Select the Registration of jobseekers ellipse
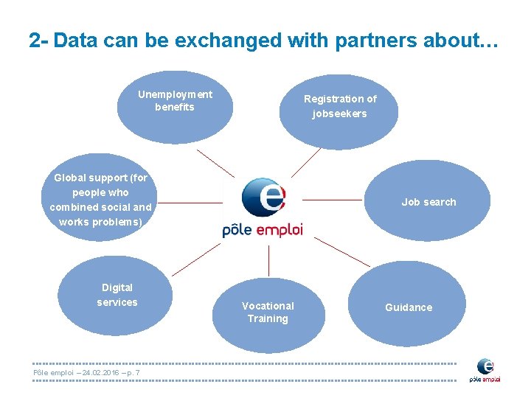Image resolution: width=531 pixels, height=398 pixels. (339, 111)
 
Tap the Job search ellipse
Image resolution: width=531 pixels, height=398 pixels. (428, 201)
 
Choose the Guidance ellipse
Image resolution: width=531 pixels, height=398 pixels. (408, 304)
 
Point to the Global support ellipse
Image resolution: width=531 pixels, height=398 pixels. (100, 199)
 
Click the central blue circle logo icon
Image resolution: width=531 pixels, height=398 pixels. (263, 198)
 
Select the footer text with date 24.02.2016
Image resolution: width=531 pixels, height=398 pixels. (87, 373)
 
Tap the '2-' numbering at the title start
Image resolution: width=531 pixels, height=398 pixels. (39, 41)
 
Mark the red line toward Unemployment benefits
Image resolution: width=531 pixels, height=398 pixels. (215, 164)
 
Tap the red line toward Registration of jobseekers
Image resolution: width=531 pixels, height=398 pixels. (305, 162)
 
